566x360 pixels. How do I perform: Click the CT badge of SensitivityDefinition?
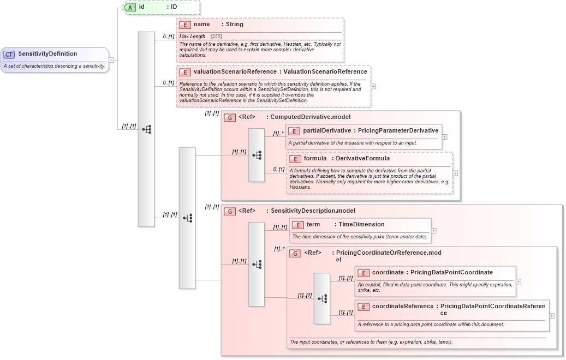click(9, 54)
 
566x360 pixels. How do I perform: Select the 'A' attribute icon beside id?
click(130, 7)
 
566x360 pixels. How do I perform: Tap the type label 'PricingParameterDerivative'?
click(398, 130)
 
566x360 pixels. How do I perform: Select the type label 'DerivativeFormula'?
click(362, 159)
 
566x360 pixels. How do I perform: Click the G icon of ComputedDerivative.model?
click(230, 117)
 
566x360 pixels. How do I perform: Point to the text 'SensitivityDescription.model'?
click(313, 211)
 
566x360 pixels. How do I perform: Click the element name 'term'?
click(313, 224)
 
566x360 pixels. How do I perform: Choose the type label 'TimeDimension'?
click(361, 224)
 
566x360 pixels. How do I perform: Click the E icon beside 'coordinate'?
click(364, 272)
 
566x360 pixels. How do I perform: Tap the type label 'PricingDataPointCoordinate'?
click(451, 272)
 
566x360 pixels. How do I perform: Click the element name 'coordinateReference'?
click(403, 306)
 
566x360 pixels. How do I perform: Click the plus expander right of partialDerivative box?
click(445, 137)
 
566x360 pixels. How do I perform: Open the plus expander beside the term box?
click(434, 231)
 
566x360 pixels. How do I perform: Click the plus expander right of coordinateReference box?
click(552, 315)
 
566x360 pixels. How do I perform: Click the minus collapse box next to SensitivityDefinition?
click(111, 60)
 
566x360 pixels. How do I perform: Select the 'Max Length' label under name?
click(193, 36)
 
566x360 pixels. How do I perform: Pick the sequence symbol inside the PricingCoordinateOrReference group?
click(322, 298)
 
